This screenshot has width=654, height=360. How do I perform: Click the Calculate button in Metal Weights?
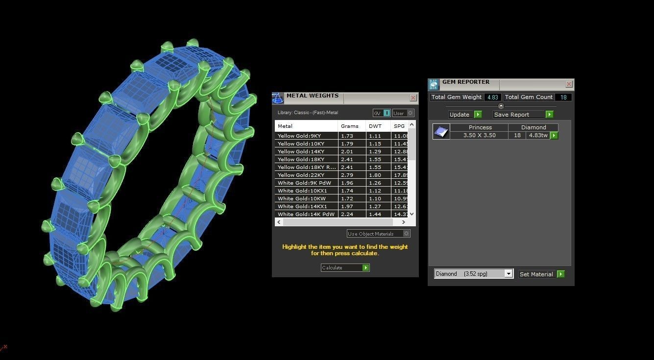coord(345,267)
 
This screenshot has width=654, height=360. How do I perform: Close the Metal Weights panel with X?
coord(413,98)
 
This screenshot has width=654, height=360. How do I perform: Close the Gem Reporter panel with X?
coord(569,84)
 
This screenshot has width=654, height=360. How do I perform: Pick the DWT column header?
coord(375,126)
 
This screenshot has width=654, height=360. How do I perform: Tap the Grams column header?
coord(350,126)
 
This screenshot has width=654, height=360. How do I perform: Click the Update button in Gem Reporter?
coord(465,115)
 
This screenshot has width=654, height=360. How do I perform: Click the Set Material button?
coord(541,274)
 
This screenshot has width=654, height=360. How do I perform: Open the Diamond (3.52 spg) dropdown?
coord(473,274)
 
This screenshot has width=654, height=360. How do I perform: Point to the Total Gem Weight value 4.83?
coord(492,97)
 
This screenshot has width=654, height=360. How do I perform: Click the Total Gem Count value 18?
coord(563,97)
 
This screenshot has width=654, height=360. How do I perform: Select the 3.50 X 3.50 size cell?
coord(479,135)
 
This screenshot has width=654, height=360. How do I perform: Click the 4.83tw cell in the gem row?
coord(537,135)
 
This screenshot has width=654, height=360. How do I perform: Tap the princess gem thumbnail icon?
coord(441,131)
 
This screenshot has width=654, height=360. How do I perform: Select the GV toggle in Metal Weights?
coord(382,113)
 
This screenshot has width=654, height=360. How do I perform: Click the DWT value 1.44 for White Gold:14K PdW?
coord(375,214)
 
